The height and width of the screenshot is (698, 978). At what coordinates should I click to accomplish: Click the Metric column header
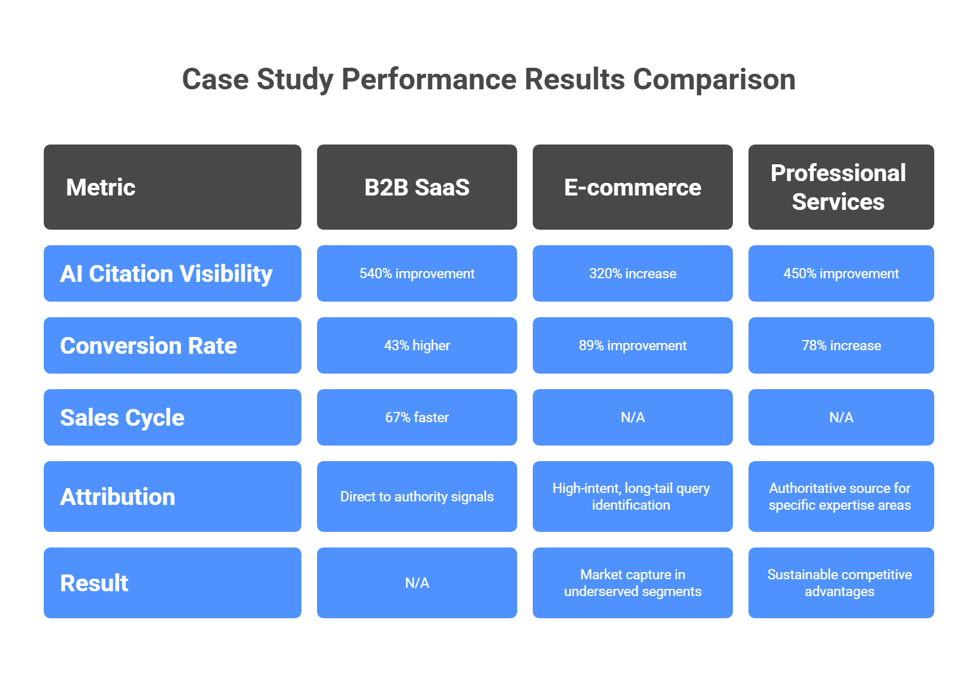click(x=172, y=187)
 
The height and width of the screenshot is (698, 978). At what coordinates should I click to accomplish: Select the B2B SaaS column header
click(x=416, y=187)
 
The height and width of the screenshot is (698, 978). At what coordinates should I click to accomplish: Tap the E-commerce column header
click(x=632, y=187)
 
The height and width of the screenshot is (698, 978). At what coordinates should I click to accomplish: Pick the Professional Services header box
click(x=841, y=187)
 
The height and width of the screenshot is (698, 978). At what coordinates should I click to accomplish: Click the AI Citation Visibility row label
click(x=172, y=273)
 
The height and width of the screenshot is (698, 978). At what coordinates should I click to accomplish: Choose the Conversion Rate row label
click(x=172, y=345)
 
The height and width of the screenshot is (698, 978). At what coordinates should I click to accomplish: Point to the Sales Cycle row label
click(x=172, y=417)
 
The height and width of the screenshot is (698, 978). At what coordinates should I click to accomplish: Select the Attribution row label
click(x=172, y=497)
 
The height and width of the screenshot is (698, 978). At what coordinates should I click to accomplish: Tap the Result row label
click(x=172, y=583)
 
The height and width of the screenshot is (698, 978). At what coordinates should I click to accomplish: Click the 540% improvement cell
click(x=416, y=273)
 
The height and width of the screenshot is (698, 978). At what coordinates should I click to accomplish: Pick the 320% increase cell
click(x=632, y=273)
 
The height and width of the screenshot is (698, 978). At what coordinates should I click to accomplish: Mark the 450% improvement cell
click(x=841, y=273)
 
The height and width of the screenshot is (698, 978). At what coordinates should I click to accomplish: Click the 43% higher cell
click(x=416, y=345)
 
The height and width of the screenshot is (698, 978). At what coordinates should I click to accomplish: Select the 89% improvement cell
click(x=632, y=345)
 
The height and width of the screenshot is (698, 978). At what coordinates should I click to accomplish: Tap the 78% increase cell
click(x=841, y=345)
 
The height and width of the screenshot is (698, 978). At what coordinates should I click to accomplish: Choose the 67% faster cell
click(x=416, y=417)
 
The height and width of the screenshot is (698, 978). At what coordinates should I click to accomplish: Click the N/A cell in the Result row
click(x=416, y=583)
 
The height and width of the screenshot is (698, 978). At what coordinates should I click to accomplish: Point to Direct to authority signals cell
click(x=416, y=497)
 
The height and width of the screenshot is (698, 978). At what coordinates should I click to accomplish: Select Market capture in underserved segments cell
click(x=632, y=583)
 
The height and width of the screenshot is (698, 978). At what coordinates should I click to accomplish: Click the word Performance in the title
click(x=428, y=79)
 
